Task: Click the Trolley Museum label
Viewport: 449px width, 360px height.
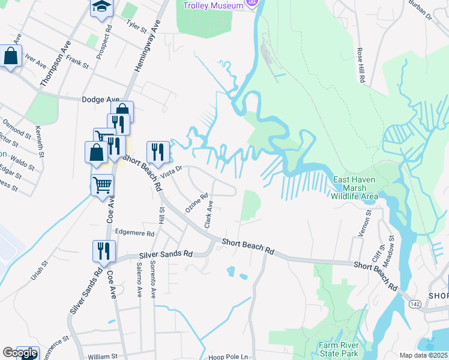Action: tap(213, 5)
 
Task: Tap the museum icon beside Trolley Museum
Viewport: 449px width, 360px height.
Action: tap(253, 4)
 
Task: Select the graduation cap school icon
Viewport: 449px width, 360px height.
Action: tap(100, 7)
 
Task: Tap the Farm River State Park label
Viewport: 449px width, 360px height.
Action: tap(339, 350)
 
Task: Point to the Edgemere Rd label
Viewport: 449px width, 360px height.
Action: tap(134, 233)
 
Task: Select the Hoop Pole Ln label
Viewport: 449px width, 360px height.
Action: tap(228, 357)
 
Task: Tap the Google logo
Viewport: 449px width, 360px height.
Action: tap(20, 353)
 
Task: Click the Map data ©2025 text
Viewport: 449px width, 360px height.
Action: tap(423, 355)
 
